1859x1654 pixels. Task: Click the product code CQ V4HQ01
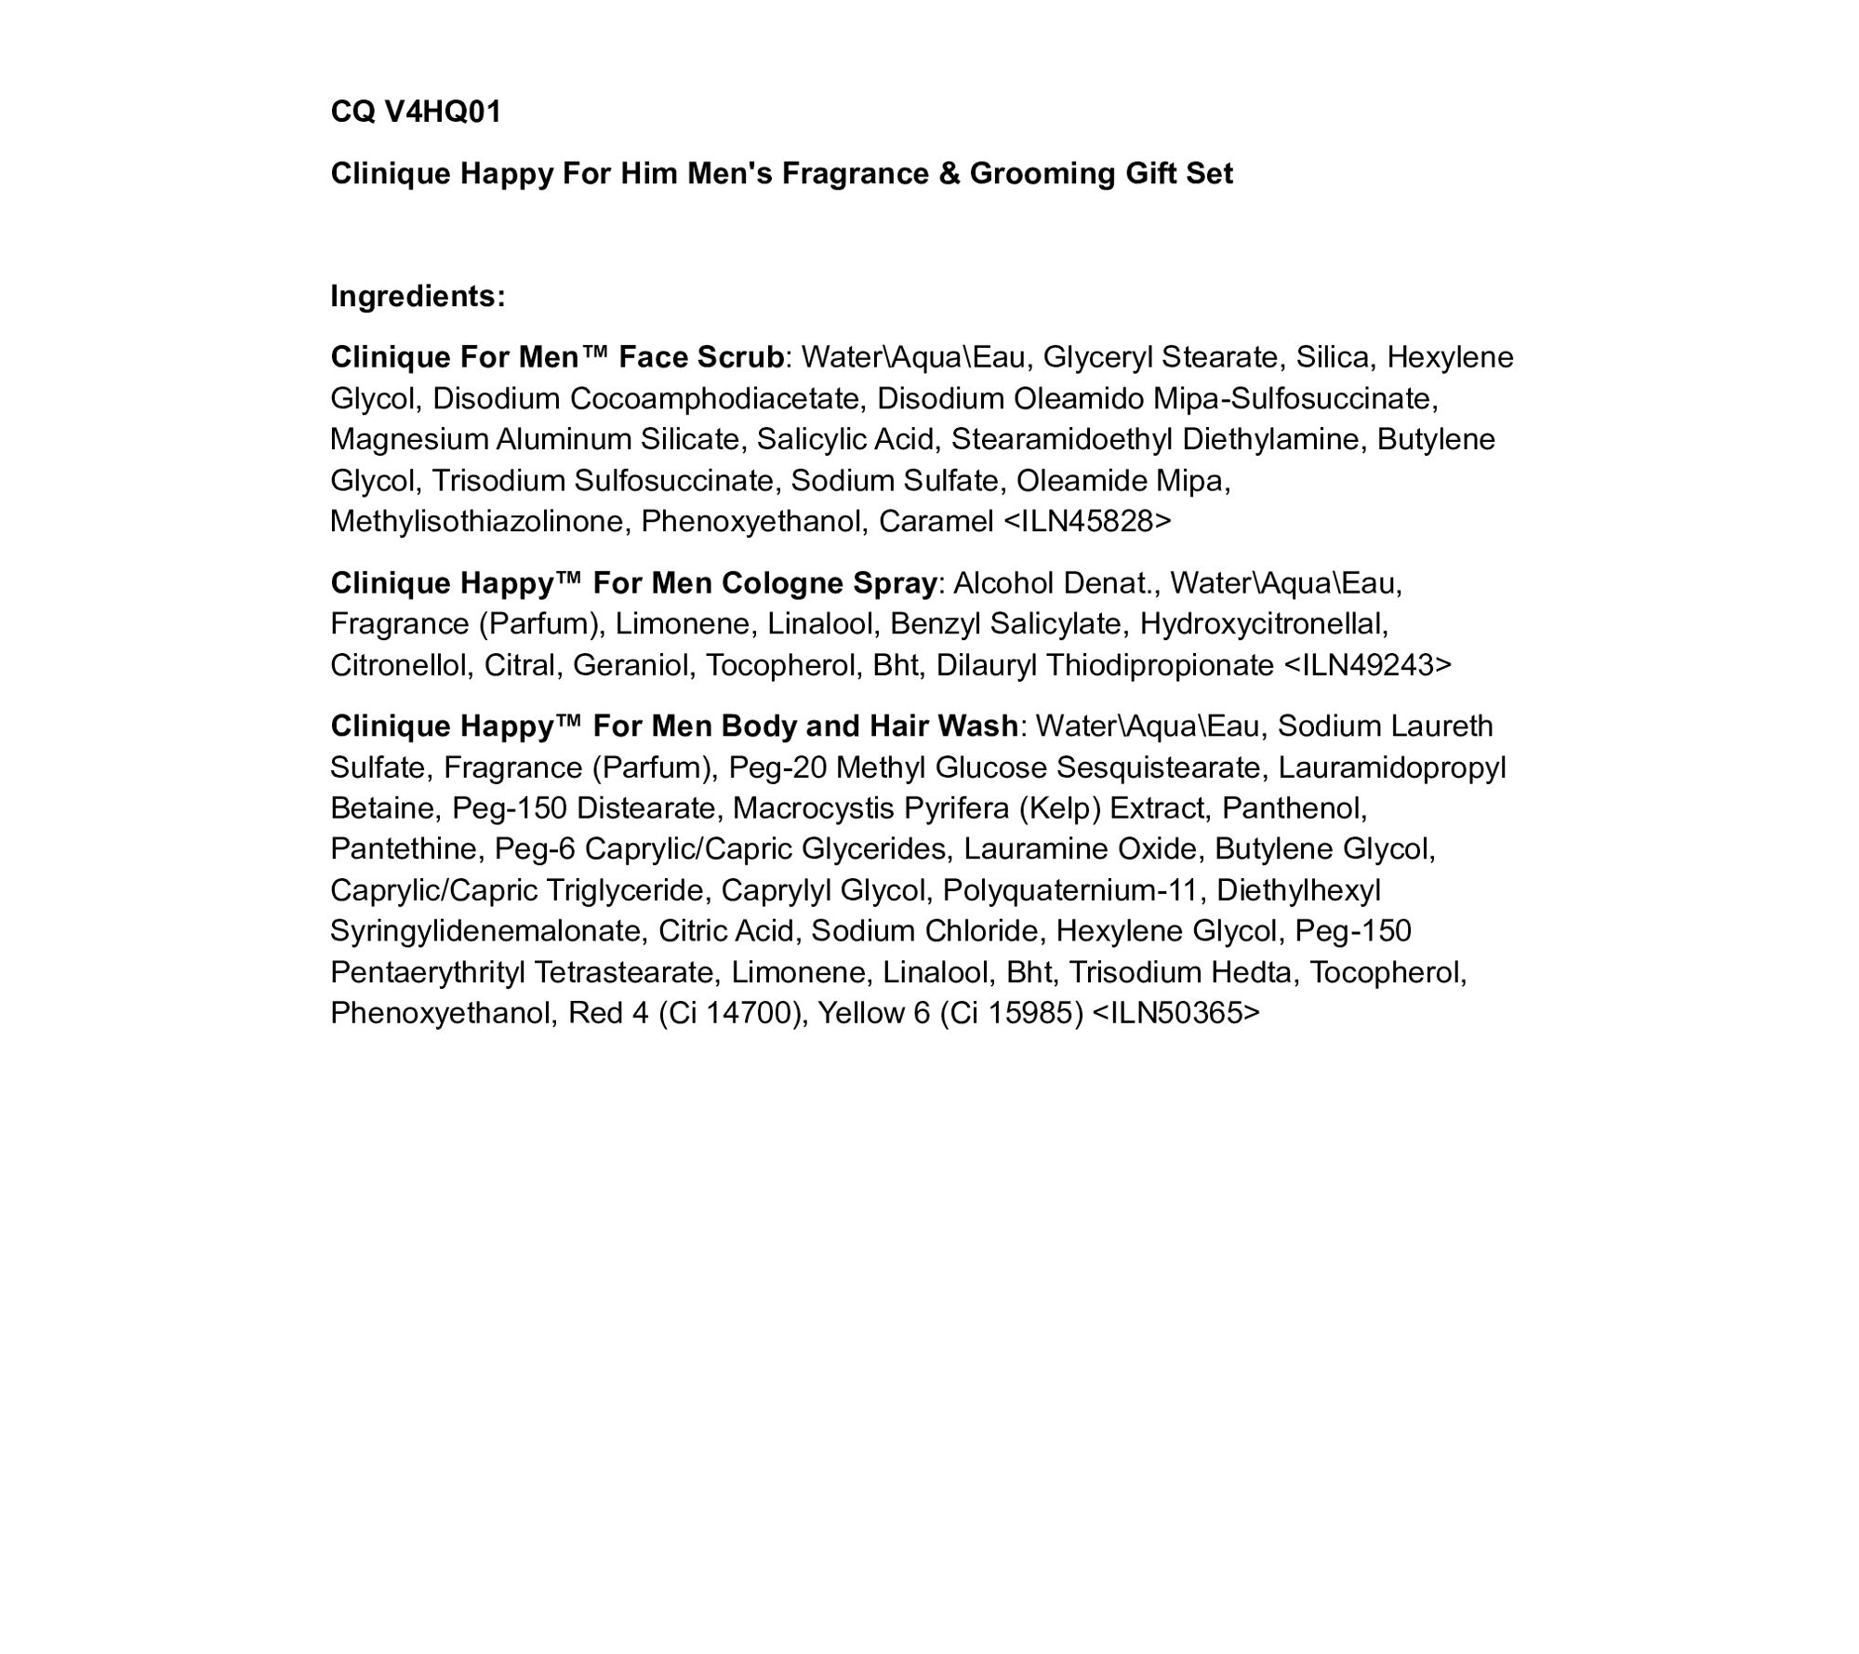click(x=416, y=112)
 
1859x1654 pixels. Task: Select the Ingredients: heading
click(x=418, y=296)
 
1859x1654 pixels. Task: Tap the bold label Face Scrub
click(x=701, y=357)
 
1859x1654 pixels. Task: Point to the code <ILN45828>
click(x=1087, y=521)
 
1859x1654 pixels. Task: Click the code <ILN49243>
click(x=1367, y=665)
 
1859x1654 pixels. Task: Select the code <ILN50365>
click(x=1176, y=1013)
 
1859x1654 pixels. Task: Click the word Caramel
click(x=936, y=521)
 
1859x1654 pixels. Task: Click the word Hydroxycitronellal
click(x=1263, y=623)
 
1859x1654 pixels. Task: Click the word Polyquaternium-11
click(x=1069, y=890)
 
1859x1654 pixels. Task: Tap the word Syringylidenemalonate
click(x=485, y=931)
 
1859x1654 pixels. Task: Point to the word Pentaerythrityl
click(x=427, y=972)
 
